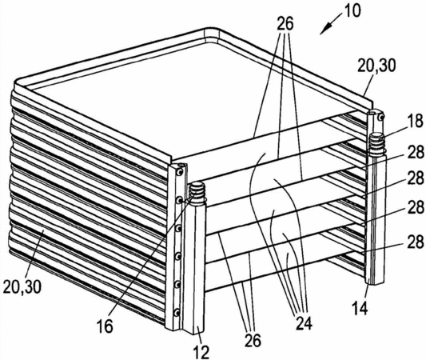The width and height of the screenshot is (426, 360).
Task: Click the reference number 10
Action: (x=352, y=11)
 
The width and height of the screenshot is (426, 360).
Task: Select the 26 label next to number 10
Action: (x=285, y=23)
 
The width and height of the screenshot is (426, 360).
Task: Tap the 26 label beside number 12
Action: (x=253, y=341)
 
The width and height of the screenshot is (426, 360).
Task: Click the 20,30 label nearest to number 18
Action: (x=376, y=66)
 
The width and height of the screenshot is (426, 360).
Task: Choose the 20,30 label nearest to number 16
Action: (x=22, y=286)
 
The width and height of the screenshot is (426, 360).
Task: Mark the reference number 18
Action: (x=416, y=121)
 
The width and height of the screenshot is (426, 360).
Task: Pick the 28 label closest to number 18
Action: (x=416, y=153)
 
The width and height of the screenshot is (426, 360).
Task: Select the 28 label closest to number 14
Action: (x=416, y=242)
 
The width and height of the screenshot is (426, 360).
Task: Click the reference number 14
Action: (x=360, y=308)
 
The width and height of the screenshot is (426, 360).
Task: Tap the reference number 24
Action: (x=304, y=323)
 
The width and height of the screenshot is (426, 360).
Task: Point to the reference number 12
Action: (x=201, y=352)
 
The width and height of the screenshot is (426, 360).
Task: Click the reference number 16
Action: (x=105, y=326)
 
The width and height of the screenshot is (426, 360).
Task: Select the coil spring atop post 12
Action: (x=197, y=192)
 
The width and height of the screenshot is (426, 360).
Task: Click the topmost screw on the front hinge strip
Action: (x=179, y=172)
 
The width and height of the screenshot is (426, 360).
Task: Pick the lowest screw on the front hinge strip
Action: (x=177, y=312)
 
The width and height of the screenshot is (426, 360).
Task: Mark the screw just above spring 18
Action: (x=381, y=118)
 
